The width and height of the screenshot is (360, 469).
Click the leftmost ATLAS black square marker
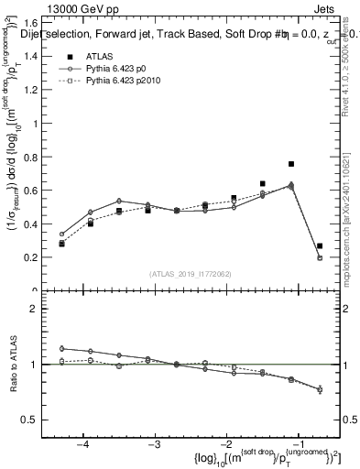(62, 244)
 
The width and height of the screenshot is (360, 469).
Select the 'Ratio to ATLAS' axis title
(12, 364)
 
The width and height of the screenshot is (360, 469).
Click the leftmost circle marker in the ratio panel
(62, 348)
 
